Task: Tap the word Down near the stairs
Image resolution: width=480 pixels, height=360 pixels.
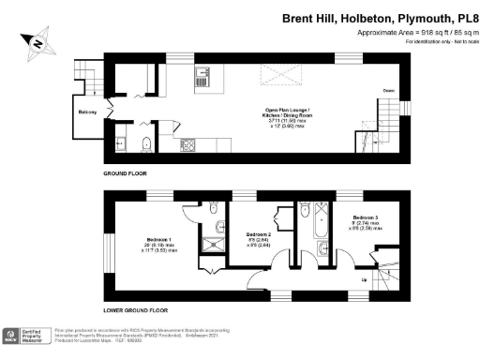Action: (x=386, y=91)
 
